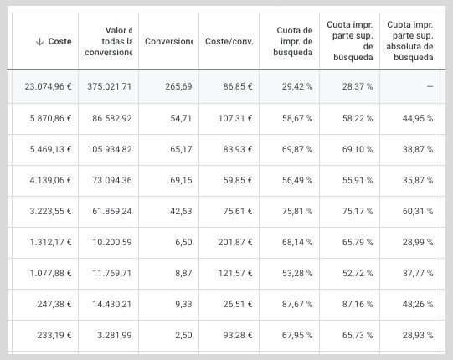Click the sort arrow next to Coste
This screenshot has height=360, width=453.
tap(39, 42)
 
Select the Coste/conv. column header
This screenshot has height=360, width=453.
tap(229, 41)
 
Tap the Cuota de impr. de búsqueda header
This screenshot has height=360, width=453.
tap(293, 41)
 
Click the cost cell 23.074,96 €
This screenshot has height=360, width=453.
tap(48, 86)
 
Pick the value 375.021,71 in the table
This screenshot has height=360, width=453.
tap(110, 86)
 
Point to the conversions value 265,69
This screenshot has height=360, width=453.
tap(178, 86)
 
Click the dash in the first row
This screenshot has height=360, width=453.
tap(430, 86)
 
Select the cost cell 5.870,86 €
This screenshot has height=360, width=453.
tap(50, 118)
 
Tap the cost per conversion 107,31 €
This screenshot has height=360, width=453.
tap(235, 118)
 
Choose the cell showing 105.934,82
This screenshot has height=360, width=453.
tap(110, 149)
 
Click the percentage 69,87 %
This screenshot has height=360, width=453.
tap(297, 149)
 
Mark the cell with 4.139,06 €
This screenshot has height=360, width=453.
tap(50, 180)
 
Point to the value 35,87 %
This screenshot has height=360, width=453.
tap(418, 180)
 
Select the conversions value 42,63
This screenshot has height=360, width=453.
tap(181, 211)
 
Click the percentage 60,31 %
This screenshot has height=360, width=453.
tap(418, 211)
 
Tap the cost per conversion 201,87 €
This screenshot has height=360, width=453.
tap(235, 242)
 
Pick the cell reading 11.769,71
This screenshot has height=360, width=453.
tap(112, 273)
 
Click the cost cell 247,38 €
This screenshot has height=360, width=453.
tap(54, 304)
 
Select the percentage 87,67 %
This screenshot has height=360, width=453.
tap(297, 304)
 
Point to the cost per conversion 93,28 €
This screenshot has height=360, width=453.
tap(238, 335)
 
